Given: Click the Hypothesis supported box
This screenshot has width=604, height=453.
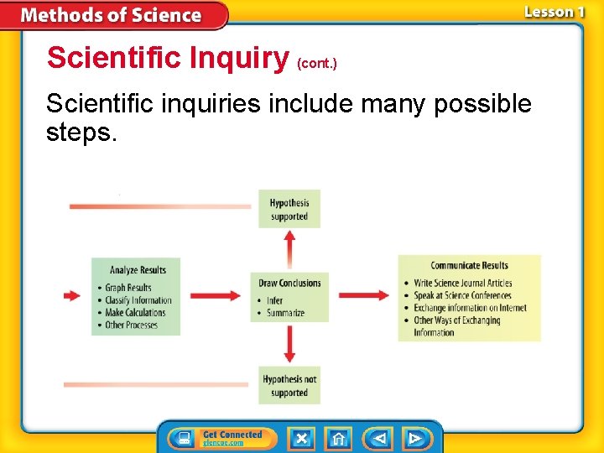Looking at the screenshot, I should click(x=289, y=209).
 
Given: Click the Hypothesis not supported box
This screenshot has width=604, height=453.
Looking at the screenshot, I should click(x=289, y=386).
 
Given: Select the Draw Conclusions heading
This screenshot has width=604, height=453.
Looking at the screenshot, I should click(x=289, y=283).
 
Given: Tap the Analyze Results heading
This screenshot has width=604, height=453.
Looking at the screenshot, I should click(x=138, y=270).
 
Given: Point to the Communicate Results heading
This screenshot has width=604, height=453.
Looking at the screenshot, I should click(x=469, y=266).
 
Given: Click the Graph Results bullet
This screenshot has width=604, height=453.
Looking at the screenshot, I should click(x=128, y=288).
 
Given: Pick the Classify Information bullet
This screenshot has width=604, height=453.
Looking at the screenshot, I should click(x=138, y=300).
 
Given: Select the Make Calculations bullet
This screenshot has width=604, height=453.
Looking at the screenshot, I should click(x=135, y=313).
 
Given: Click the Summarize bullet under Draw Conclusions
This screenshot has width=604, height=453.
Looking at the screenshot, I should click(x=285, y=313).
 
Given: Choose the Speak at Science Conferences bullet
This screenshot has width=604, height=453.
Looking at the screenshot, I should click(x=462, y=295).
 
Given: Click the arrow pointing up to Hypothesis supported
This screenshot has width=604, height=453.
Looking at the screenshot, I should click(x=289, y=248).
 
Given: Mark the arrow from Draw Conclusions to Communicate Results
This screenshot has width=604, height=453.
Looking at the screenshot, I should click(x=363, y=295).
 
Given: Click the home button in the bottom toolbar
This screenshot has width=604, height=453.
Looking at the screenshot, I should click(x=338, y=439).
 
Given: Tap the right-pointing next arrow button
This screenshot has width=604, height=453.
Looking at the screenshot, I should click(x=414, y=439).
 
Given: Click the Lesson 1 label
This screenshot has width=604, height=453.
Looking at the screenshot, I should click(x=554, y=12).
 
